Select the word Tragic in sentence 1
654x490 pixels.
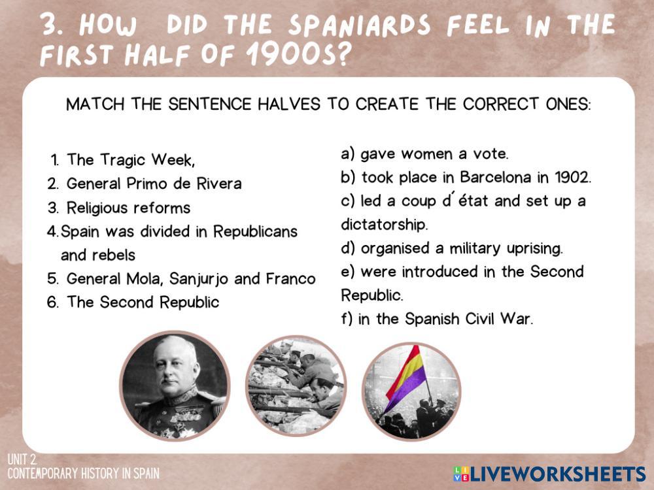(122, 160)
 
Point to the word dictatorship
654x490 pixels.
(384, 225)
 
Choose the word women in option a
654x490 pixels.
(427, 154)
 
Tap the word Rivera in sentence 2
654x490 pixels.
(219, 184)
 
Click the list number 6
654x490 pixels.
(52, 302)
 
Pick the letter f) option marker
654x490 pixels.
(347, 319)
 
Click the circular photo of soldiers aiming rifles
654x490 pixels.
(296, 385)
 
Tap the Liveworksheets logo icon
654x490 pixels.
(461, 474)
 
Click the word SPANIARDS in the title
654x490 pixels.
(359, 25)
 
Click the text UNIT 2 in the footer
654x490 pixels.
(22, 459)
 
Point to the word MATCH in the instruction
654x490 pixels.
(95, 104)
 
